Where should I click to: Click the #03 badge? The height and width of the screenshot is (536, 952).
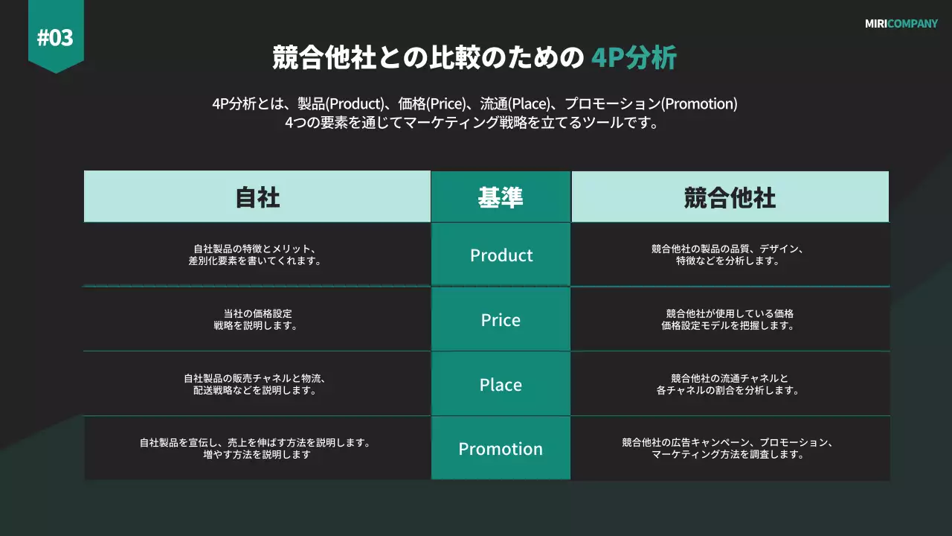56,36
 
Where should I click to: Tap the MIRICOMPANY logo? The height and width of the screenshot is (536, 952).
901,24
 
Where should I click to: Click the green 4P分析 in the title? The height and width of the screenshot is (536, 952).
634,57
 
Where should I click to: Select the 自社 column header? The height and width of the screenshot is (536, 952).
257,197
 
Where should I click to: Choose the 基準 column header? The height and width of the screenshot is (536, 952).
501,197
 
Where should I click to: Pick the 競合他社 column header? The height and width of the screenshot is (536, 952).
730,197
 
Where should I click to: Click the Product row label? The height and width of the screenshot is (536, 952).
501,255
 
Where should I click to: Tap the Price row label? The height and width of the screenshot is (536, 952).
501,320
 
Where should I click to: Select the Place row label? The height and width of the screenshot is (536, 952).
501,385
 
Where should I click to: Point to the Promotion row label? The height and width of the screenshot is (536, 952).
501,449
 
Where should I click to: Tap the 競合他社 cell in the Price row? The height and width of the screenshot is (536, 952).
729,319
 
